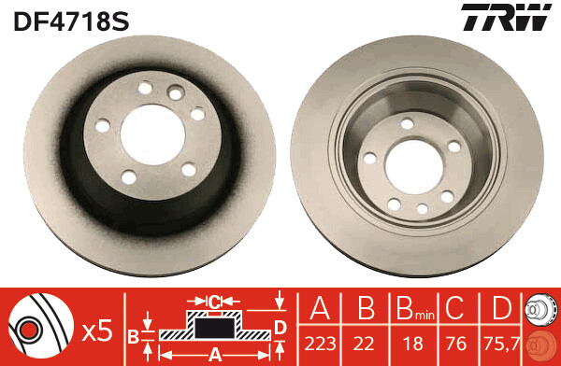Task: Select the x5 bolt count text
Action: tap(97, 329)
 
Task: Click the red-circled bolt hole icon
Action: tap(29, 330)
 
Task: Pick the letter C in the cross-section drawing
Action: tap(214, 302)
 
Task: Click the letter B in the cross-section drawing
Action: tap(133, 335)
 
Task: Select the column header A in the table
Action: tap(320, 307)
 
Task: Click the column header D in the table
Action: tap(501, 307)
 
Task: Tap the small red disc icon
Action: tap(541, 346)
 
